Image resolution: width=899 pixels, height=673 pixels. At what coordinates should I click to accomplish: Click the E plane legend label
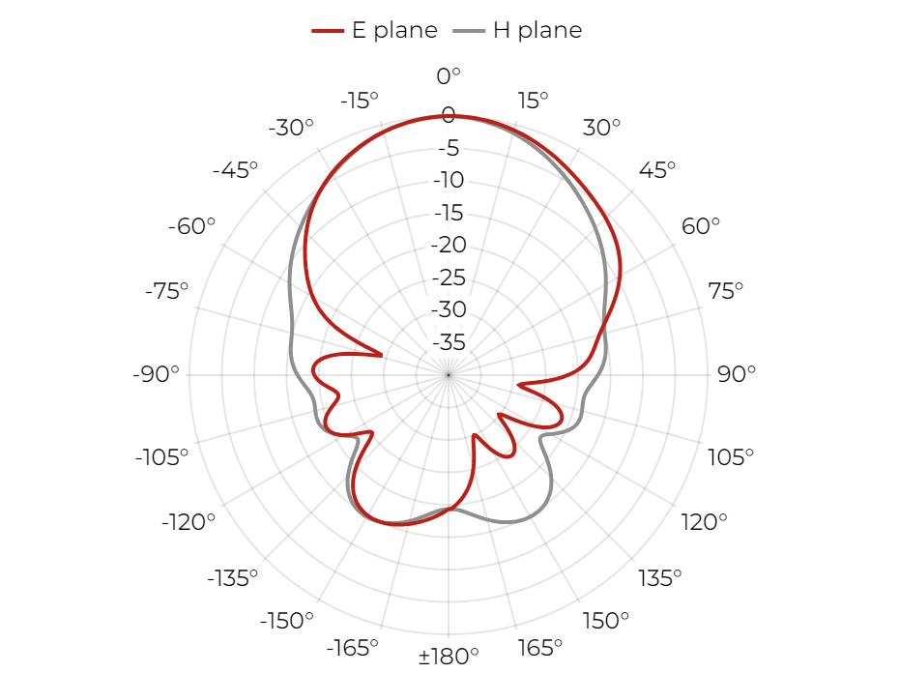[394, 30]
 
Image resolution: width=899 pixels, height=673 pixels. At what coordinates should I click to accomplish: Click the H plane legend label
[537, 30]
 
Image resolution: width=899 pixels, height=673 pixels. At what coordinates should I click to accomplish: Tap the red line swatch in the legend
[328, 31]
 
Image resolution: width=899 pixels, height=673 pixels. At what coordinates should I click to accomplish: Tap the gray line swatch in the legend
[469, 31]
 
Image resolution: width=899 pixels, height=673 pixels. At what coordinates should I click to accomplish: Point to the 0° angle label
[449, 76]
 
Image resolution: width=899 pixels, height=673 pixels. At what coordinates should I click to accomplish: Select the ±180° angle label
[449, 656]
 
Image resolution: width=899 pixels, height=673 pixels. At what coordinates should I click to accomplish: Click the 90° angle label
[737, 374]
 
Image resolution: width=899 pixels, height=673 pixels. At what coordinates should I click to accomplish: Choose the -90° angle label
[156, 374]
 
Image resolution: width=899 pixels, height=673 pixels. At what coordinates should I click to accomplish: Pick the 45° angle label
[657, 170]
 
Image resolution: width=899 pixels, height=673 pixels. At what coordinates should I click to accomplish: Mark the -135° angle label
[233, 578]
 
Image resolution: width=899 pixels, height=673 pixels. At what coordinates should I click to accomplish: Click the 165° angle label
[539, 648]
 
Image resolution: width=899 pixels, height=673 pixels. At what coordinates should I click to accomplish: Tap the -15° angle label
[360, 101]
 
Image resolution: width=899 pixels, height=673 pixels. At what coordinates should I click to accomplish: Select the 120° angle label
[704, 522]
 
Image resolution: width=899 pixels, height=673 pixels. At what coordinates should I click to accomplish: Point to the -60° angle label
[191, 226]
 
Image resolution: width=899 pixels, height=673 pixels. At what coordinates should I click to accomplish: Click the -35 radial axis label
[449, 342]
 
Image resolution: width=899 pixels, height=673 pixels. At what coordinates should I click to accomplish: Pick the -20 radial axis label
[449, 245]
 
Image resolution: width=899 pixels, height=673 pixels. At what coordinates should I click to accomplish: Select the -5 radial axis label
[449, 148]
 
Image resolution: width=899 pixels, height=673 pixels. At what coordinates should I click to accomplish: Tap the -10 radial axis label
[449, 180]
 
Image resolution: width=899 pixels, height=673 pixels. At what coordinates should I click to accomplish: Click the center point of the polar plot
[449, 375]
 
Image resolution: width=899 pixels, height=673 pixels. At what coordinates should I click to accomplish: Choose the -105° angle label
[161, 457]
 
